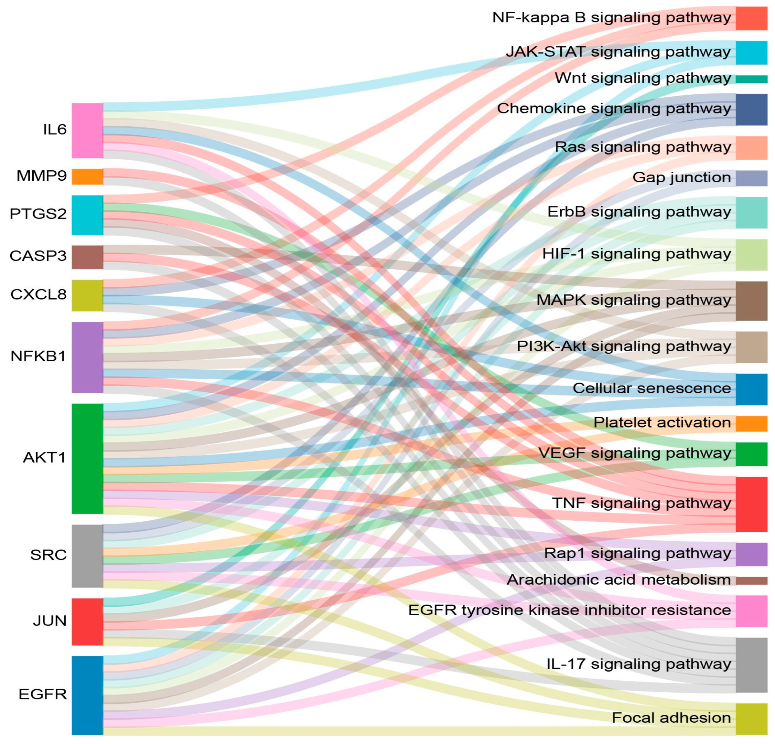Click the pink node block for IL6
tap(87, 131)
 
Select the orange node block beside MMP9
tap(87, 177)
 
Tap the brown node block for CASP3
tap(87, 257)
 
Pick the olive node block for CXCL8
tap(87, 295)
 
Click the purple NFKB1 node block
tap(87, 357)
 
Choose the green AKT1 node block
tap(87, 459)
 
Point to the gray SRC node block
tap(87, 556)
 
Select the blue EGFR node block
tap(87, 695)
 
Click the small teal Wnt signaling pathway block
tap(751, 79)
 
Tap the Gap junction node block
tap(751, 178)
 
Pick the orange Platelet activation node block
tap(751, 423)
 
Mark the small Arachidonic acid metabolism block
tap(751, 580)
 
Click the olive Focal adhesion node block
tap(751, 719)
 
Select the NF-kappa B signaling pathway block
tap(751, 18)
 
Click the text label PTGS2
tap(38, 214)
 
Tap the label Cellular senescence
tap(651, 388)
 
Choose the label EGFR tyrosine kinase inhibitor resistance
tap(569, 610)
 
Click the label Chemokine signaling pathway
tap(614, 108)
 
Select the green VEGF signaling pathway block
tap(751, 454)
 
